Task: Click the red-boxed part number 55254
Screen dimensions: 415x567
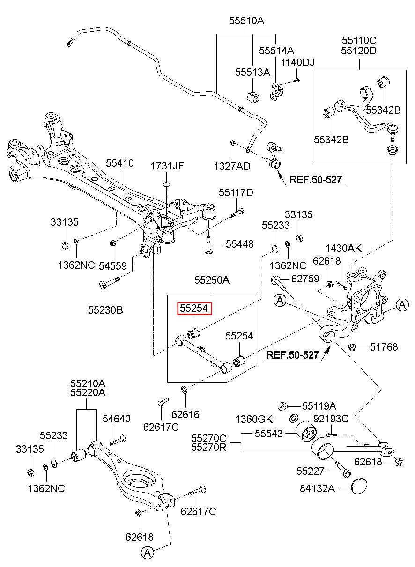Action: click(x=194, y=308)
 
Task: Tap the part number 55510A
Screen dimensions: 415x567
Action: click(x=246, y=21)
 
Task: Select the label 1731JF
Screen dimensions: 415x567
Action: click(x=167, y=166)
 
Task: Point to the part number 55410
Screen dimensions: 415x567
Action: click(x=119, y=163)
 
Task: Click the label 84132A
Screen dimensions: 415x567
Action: click(x=317, y=488)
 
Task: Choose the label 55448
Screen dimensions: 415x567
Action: click(x=239, y=244)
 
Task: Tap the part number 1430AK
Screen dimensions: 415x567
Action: click(x=343, y=248)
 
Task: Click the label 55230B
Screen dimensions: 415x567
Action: click(x=105, y=310)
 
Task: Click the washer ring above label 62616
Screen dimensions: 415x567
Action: click(x=184, y=390)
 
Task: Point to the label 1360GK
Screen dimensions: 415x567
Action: click(x=254, y=420)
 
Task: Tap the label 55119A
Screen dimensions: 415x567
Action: click(x=319, y=406)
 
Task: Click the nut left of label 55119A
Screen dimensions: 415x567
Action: click(x=282, y=406)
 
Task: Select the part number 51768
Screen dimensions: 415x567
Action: click(x=384, y=347)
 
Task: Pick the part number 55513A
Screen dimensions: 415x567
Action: click(x=252, y=73)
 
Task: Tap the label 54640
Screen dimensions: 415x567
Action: click(x=117, y=419)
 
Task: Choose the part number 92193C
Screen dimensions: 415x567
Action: click(x=331, y=419)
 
